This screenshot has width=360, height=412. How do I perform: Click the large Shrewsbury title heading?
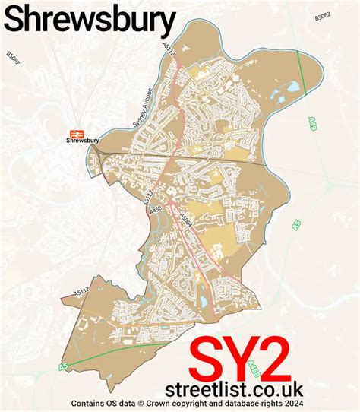pyautogui.click(x=90, y=21)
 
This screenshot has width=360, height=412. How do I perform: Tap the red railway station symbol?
pyautogui.click(x=74, y=130)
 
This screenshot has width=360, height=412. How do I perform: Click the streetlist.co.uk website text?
pyautogui.click(x=239, y=388)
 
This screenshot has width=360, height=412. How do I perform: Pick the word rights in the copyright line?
pyautogui.click(x=270, y=404)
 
